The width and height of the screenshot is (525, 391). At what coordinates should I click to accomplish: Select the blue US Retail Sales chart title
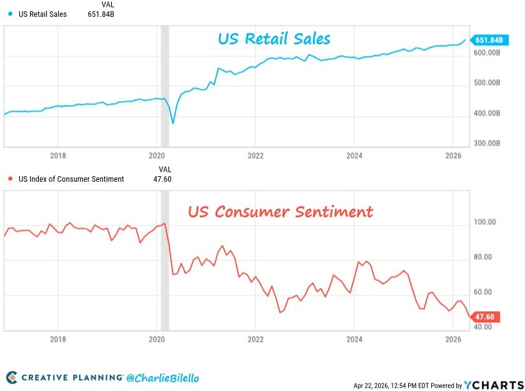point(274,39)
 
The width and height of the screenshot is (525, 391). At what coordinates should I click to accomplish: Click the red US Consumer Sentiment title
point(281,211)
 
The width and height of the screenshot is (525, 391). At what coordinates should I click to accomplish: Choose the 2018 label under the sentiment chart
point(57,339)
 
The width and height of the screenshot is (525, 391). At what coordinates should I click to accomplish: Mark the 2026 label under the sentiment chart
point(453,339)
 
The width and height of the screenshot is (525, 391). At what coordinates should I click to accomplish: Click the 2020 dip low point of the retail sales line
point(173,124)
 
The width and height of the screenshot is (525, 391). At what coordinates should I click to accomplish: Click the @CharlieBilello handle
point(163,377)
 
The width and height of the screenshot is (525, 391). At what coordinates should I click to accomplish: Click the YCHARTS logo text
point(494,384)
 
